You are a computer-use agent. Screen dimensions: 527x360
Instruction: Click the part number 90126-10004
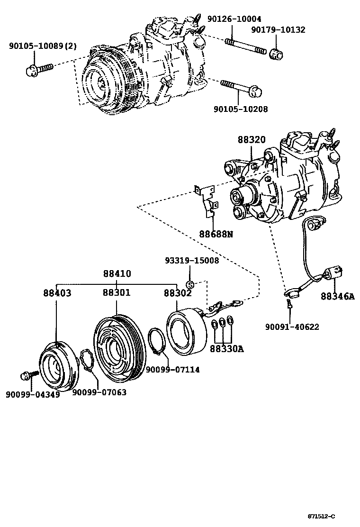(234, 19)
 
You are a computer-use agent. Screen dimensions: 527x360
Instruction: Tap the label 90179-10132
(278, 30)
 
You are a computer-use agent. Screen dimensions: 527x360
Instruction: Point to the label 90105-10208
(240, 109)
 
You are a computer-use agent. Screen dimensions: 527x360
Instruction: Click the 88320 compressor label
(252, 140)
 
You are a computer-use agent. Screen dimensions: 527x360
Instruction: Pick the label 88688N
(216, 234)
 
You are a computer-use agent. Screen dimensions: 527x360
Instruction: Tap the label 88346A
(337, 296)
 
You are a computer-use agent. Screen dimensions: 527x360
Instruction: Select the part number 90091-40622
(292, 327)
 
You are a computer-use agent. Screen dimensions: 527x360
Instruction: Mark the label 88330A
(227, 349)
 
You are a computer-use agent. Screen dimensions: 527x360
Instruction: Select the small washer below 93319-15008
(189, 284)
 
